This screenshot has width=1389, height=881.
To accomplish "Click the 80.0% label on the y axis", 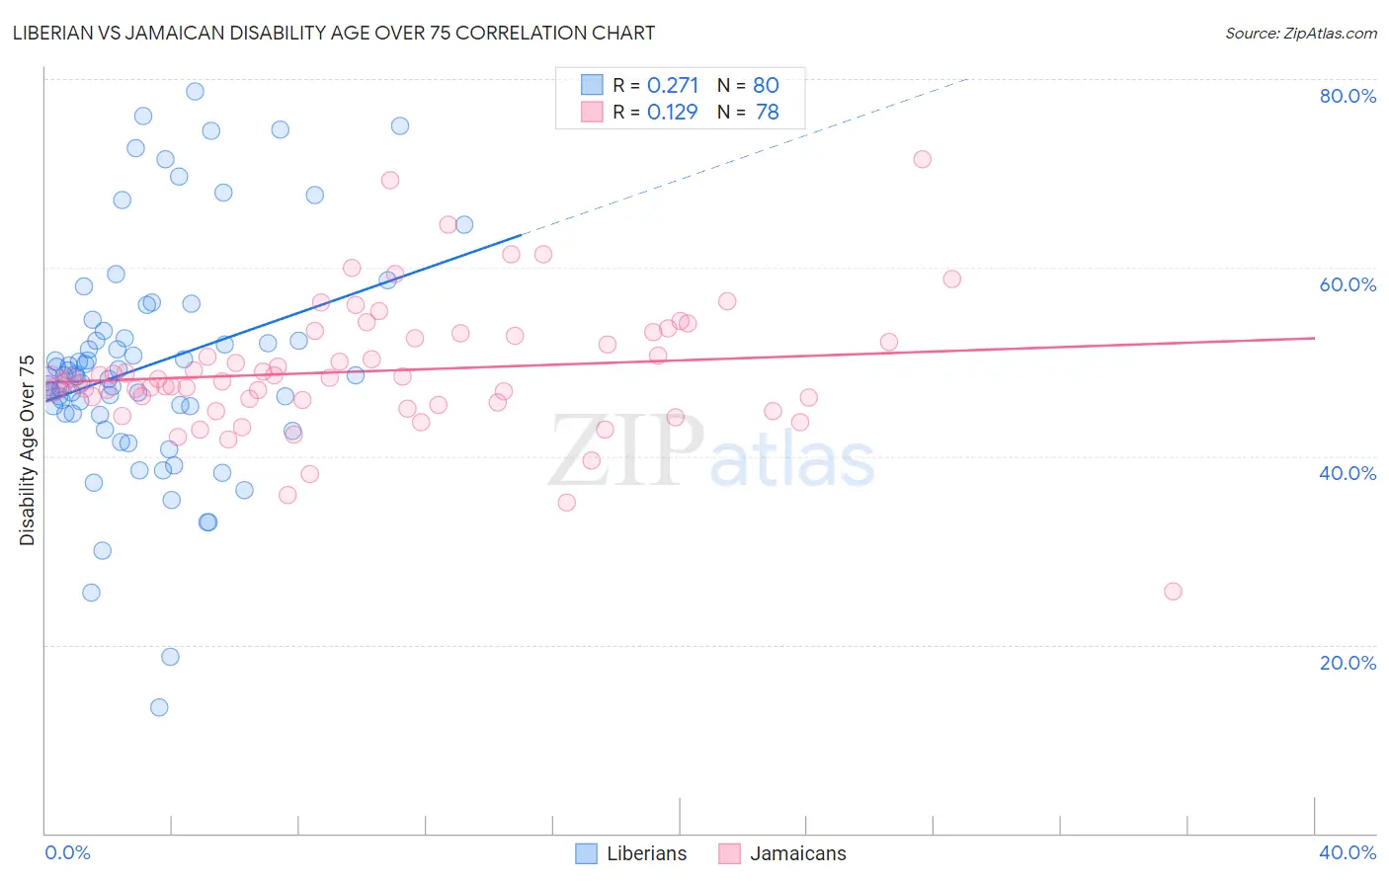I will (1348, 96).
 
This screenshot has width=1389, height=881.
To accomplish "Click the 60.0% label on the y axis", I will (1348, 284).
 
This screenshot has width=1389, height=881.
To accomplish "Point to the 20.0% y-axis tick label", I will (1348, 663).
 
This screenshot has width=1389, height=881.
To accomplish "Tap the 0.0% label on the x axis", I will (67, 852).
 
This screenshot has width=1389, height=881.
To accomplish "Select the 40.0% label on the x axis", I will (1348, 852).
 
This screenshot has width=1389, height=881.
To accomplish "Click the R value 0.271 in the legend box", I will (673, 85).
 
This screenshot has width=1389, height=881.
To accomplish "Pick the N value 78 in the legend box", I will (767, 112).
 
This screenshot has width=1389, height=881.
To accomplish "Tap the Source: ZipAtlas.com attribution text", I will (1300, 33).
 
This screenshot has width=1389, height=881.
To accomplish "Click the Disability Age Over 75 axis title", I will (28, 450).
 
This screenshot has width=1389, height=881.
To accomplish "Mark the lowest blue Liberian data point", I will (159, 707).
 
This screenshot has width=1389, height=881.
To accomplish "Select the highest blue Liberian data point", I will (196, 91).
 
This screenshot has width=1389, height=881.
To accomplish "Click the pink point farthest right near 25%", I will (1173, 592).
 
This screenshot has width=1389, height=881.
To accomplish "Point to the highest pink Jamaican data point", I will (922, 159).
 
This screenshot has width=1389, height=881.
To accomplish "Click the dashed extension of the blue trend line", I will (741, 158).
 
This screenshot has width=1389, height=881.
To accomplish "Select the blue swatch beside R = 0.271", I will (591, 85).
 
